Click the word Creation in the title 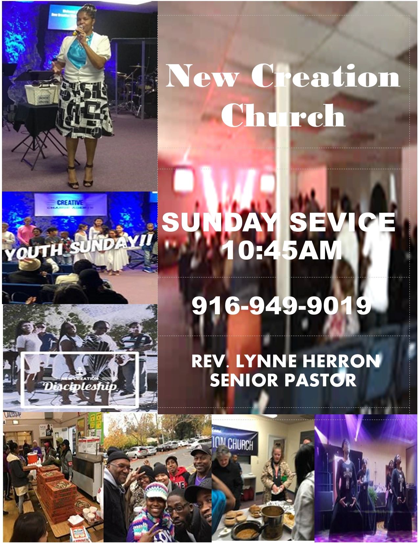326,76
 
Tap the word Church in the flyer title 283,116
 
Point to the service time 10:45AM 282,251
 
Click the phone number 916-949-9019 282,306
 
